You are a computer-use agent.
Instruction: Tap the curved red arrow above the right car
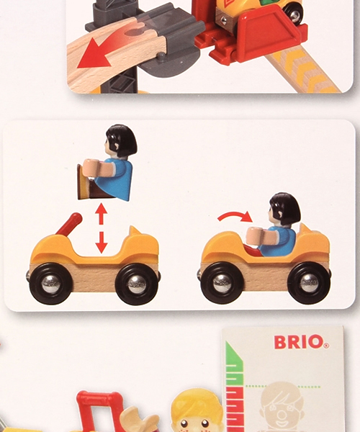tap(237, 215)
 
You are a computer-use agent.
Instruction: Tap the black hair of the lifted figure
tap(120, 140)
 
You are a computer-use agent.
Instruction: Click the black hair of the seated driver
tap(284, 208)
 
